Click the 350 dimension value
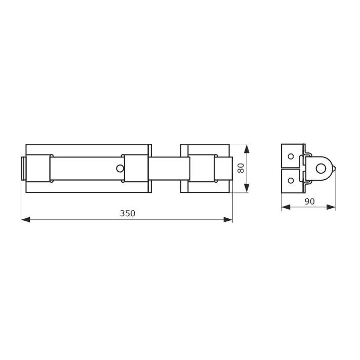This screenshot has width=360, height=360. [x=128, y=213]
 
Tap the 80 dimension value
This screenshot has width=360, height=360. [x=241, y=168]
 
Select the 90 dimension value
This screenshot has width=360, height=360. [x=309, y=202]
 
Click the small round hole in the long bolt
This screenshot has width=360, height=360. [x=120, y=169]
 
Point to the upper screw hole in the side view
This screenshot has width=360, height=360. [x=291, y=156]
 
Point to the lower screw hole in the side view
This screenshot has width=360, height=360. [x=291, y=180]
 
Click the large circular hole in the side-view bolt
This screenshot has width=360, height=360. [x=321, y=169]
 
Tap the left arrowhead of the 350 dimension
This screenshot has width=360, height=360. [x=25, y=219]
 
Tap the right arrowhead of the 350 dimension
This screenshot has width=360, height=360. [x=228, y=219]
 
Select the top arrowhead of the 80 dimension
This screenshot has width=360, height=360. [x=247, y=148]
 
